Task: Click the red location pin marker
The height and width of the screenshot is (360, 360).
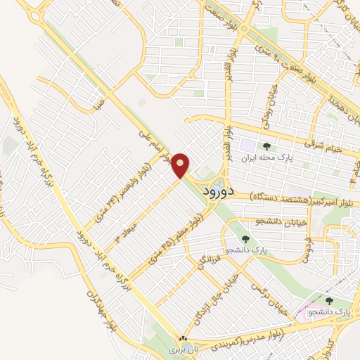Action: tap(181, 165)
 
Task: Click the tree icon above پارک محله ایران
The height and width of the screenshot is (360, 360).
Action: tap(266, 146)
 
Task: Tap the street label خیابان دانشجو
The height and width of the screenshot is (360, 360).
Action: tap(284, 222)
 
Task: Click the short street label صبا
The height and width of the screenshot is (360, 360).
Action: tap(99, 105)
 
